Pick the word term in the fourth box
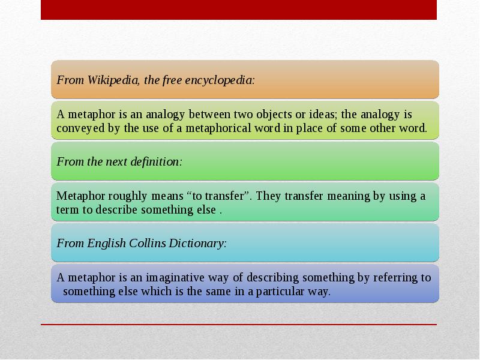coord(67,210)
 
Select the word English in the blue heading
coord(106,243)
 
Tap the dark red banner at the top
coord(239,10)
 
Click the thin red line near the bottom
coord(239,325)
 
